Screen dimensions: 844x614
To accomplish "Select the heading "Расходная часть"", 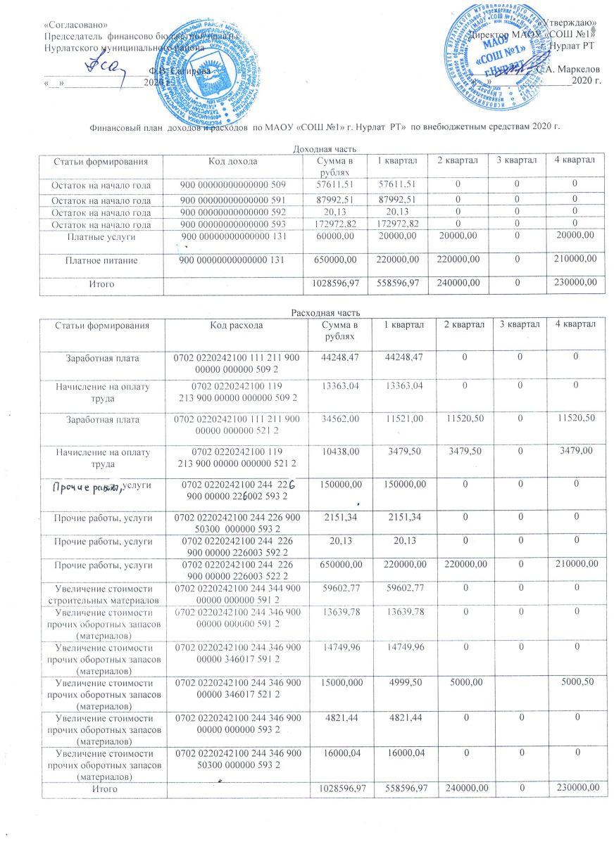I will pyautogui.click(x=320, y=312).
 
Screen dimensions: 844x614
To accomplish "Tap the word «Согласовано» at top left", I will pyautogui.click(x=71, y=24).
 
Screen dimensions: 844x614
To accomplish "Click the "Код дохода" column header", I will pyautogui.click(x=232, y=162).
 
